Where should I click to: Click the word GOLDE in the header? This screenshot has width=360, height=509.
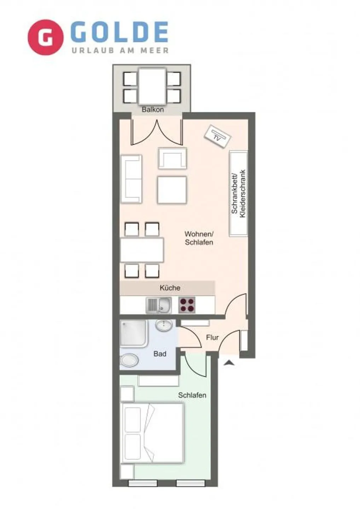pos(120,33)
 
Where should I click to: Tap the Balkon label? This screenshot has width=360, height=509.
pos(152,110)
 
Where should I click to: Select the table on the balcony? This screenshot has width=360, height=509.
pos(152,86)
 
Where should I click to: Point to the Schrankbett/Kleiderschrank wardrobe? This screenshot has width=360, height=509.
pos(238,193)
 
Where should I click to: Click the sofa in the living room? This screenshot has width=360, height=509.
pos(131,179)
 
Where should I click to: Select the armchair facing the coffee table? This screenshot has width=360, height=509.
pos(172,158)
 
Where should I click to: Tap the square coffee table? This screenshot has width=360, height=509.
pos(172,190)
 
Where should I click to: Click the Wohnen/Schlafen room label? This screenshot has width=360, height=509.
pos(199,238)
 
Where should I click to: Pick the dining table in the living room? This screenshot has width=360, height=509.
pos(142,250)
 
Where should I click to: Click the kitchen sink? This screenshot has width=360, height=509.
pos(159,305)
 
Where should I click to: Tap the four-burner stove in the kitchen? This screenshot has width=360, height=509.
pos(187,305)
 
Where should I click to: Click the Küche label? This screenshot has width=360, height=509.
pos(170,288)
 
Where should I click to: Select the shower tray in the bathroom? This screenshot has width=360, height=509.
pos(133,333)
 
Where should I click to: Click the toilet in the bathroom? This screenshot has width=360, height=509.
pos(129,361)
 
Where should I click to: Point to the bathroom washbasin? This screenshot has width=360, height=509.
pos(164,325)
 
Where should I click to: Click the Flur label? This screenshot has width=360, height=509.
pos(212,338)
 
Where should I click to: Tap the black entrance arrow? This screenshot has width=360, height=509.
pos(229,362)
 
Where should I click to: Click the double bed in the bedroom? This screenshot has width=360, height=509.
pos(152,433)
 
